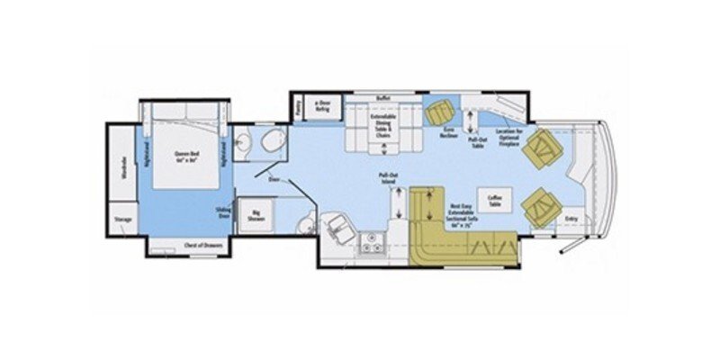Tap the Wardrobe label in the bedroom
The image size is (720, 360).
[x=122, y=167]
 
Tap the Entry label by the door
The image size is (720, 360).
[x=571, y=218]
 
